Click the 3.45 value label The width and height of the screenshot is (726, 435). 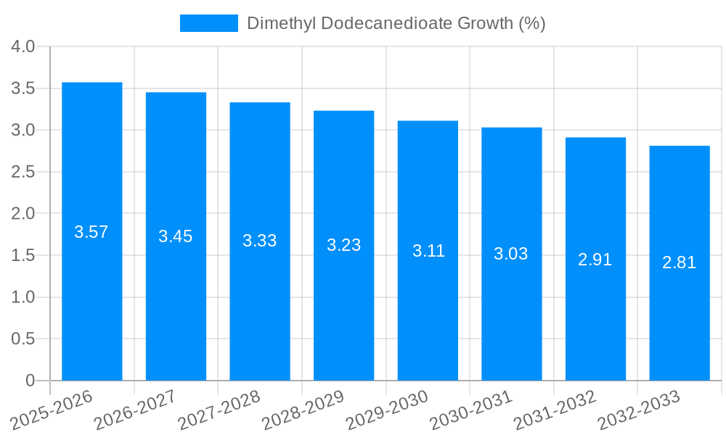pyautogui.click(x=176, y=236)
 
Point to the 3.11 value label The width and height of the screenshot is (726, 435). pyautogui.click(x=428, y=251)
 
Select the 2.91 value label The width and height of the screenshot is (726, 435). pyautogui.click(x=595, y=260)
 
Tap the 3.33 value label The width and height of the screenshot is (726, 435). pyautogui.click(x=260, y=241)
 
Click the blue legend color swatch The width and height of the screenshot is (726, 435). pyautogui.click(x=209, y=23)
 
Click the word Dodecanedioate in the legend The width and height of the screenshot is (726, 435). pyautogui.click(x=386, y=23)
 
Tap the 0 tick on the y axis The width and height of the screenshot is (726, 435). pyautogui.click(x=30, y=381)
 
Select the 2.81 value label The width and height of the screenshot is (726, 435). pyautogui.click(x=679, y=263)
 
